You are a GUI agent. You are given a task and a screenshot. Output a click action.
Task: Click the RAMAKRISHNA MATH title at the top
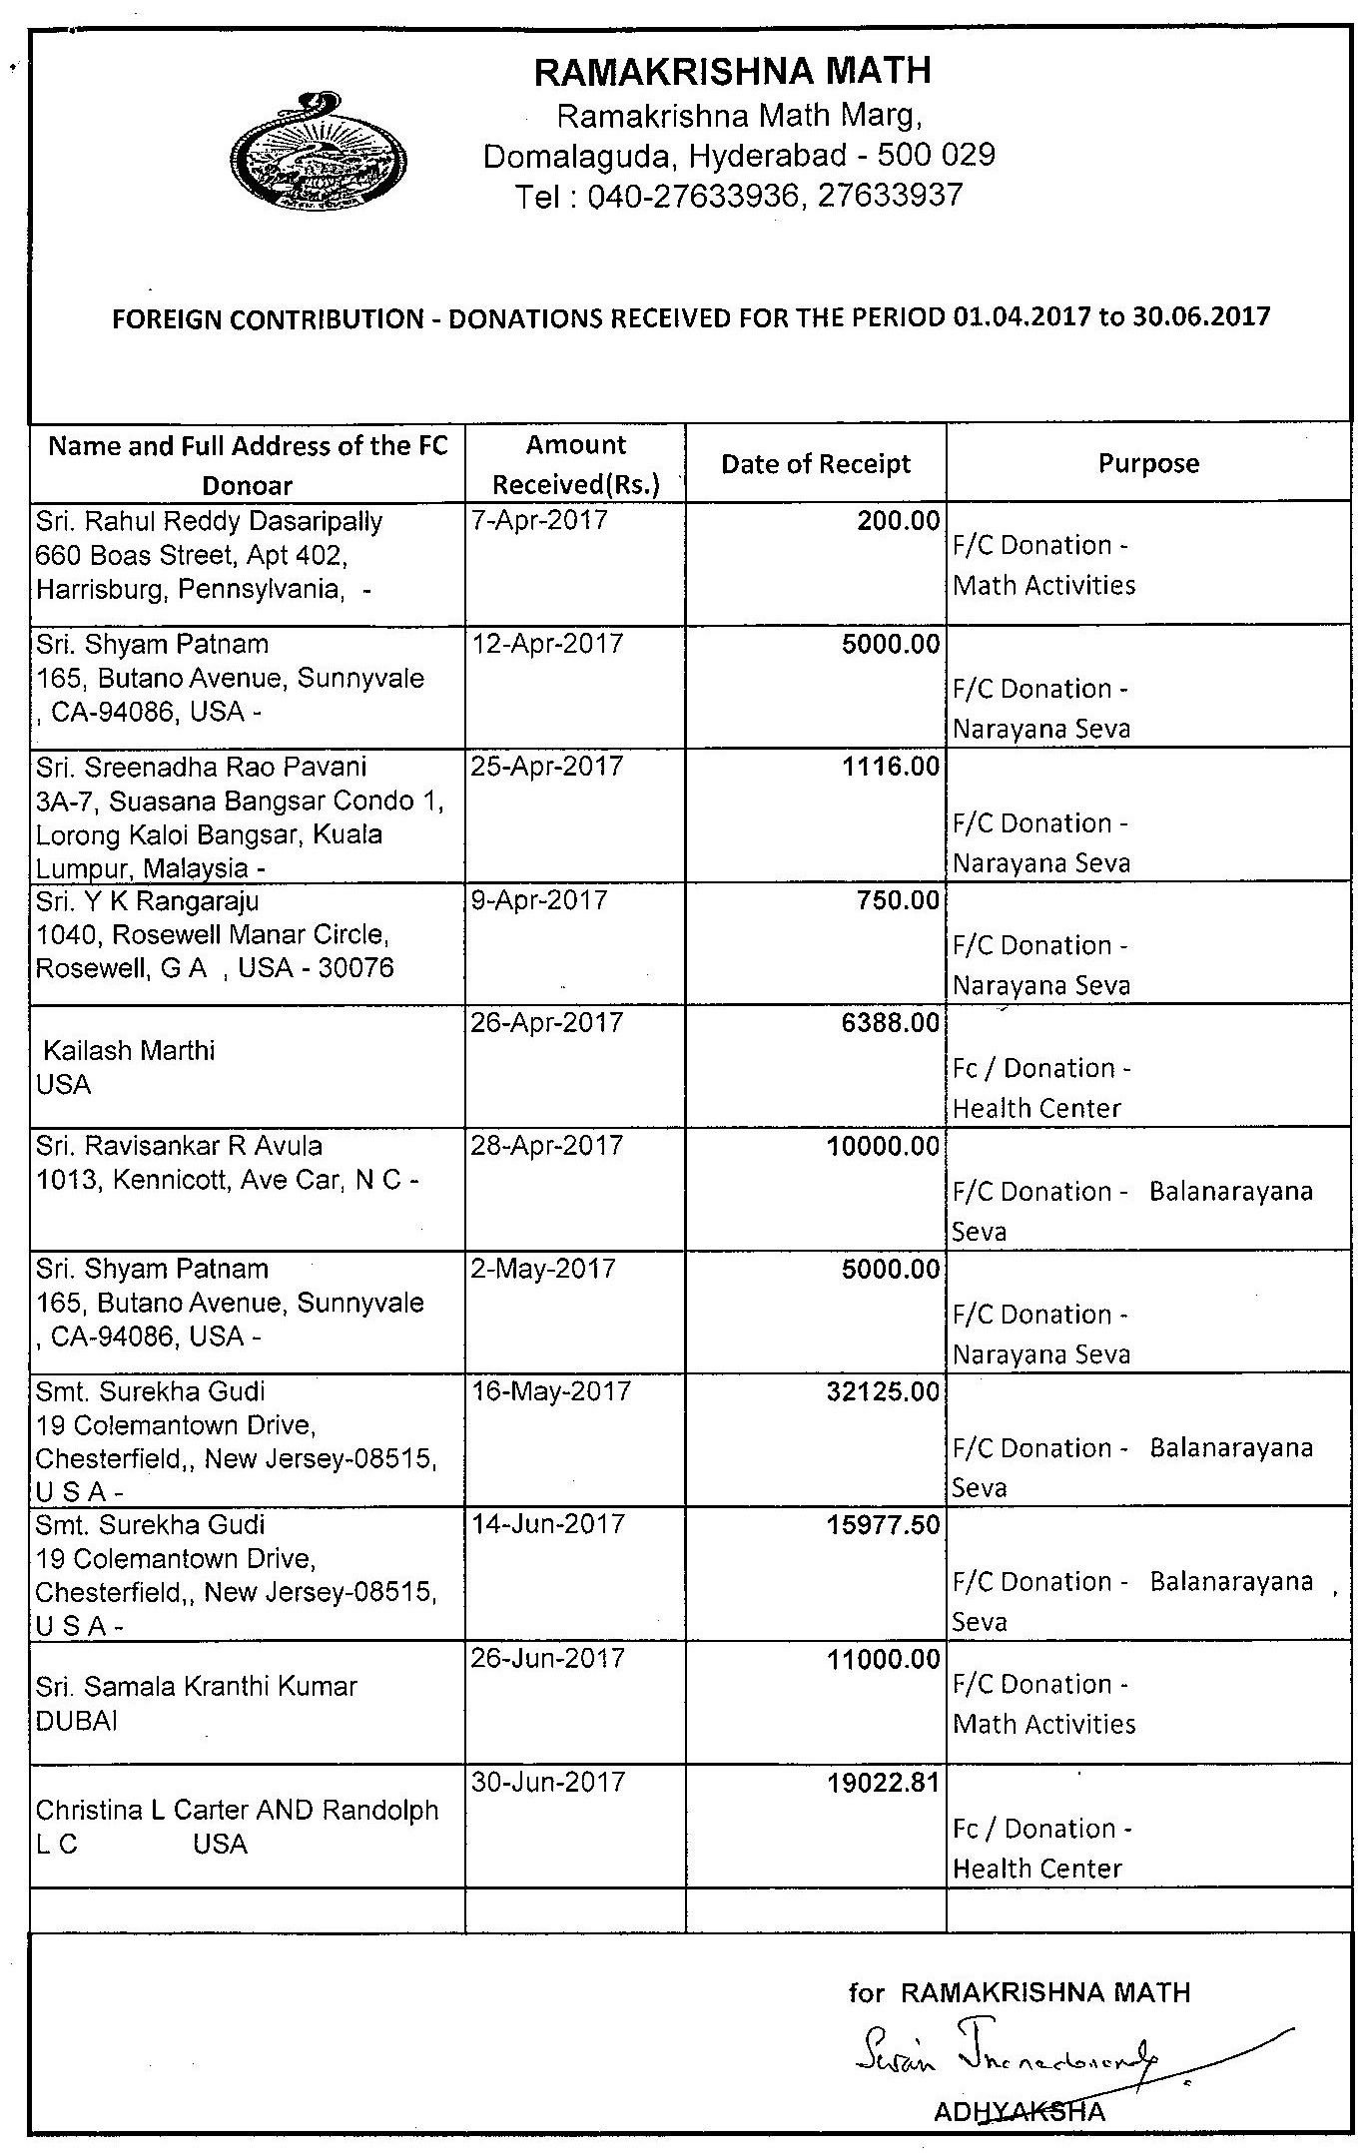coord(733,72)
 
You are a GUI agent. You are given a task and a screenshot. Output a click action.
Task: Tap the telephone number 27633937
coord(890,195)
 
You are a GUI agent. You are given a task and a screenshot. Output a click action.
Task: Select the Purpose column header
coord(1148,463)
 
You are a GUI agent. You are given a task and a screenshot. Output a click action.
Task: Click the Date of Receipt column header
coord(816,464)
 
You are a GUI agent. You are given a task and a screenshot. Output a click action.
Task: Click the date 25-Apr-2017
coord(546,767)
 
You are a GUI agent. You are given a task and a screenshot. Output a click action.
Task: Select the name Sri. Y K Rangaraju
coord(148,901)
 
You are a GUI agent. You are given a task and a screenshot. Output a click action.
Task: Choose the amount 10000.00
coord(883,1146)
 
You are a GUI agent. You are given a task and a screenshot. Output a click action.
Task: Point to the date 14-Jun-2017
coord(548,1524)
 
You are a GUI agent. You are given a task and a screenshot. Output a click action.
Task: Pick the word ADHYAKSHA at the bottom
coord(1020,2111)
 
